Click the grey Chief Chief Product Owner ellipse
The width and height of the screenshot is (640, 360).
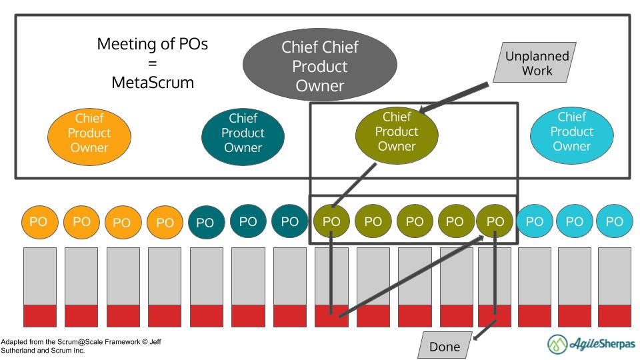(x=319, y=66)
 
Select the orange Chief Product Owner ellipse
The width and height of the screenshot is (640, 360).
(x=89, y=133)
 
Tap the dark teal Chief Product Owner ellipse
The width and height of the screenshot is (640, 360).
(x=243, y=133)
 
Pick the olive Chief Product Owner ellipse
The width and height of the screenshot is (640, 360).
(x=397, y=131)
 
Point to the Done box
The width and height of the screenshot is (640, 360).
(x=444, y=347)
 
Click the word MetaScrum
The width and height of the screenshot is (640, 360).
(x=152, y=83)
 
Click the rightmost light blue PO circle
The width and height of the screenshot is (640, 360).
(x=613, y=221)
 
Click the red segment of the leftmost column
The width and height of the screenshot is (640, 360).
(x=40, y=315)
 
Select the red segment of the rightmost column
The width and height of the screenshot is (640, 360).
(x=614, y=315)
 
